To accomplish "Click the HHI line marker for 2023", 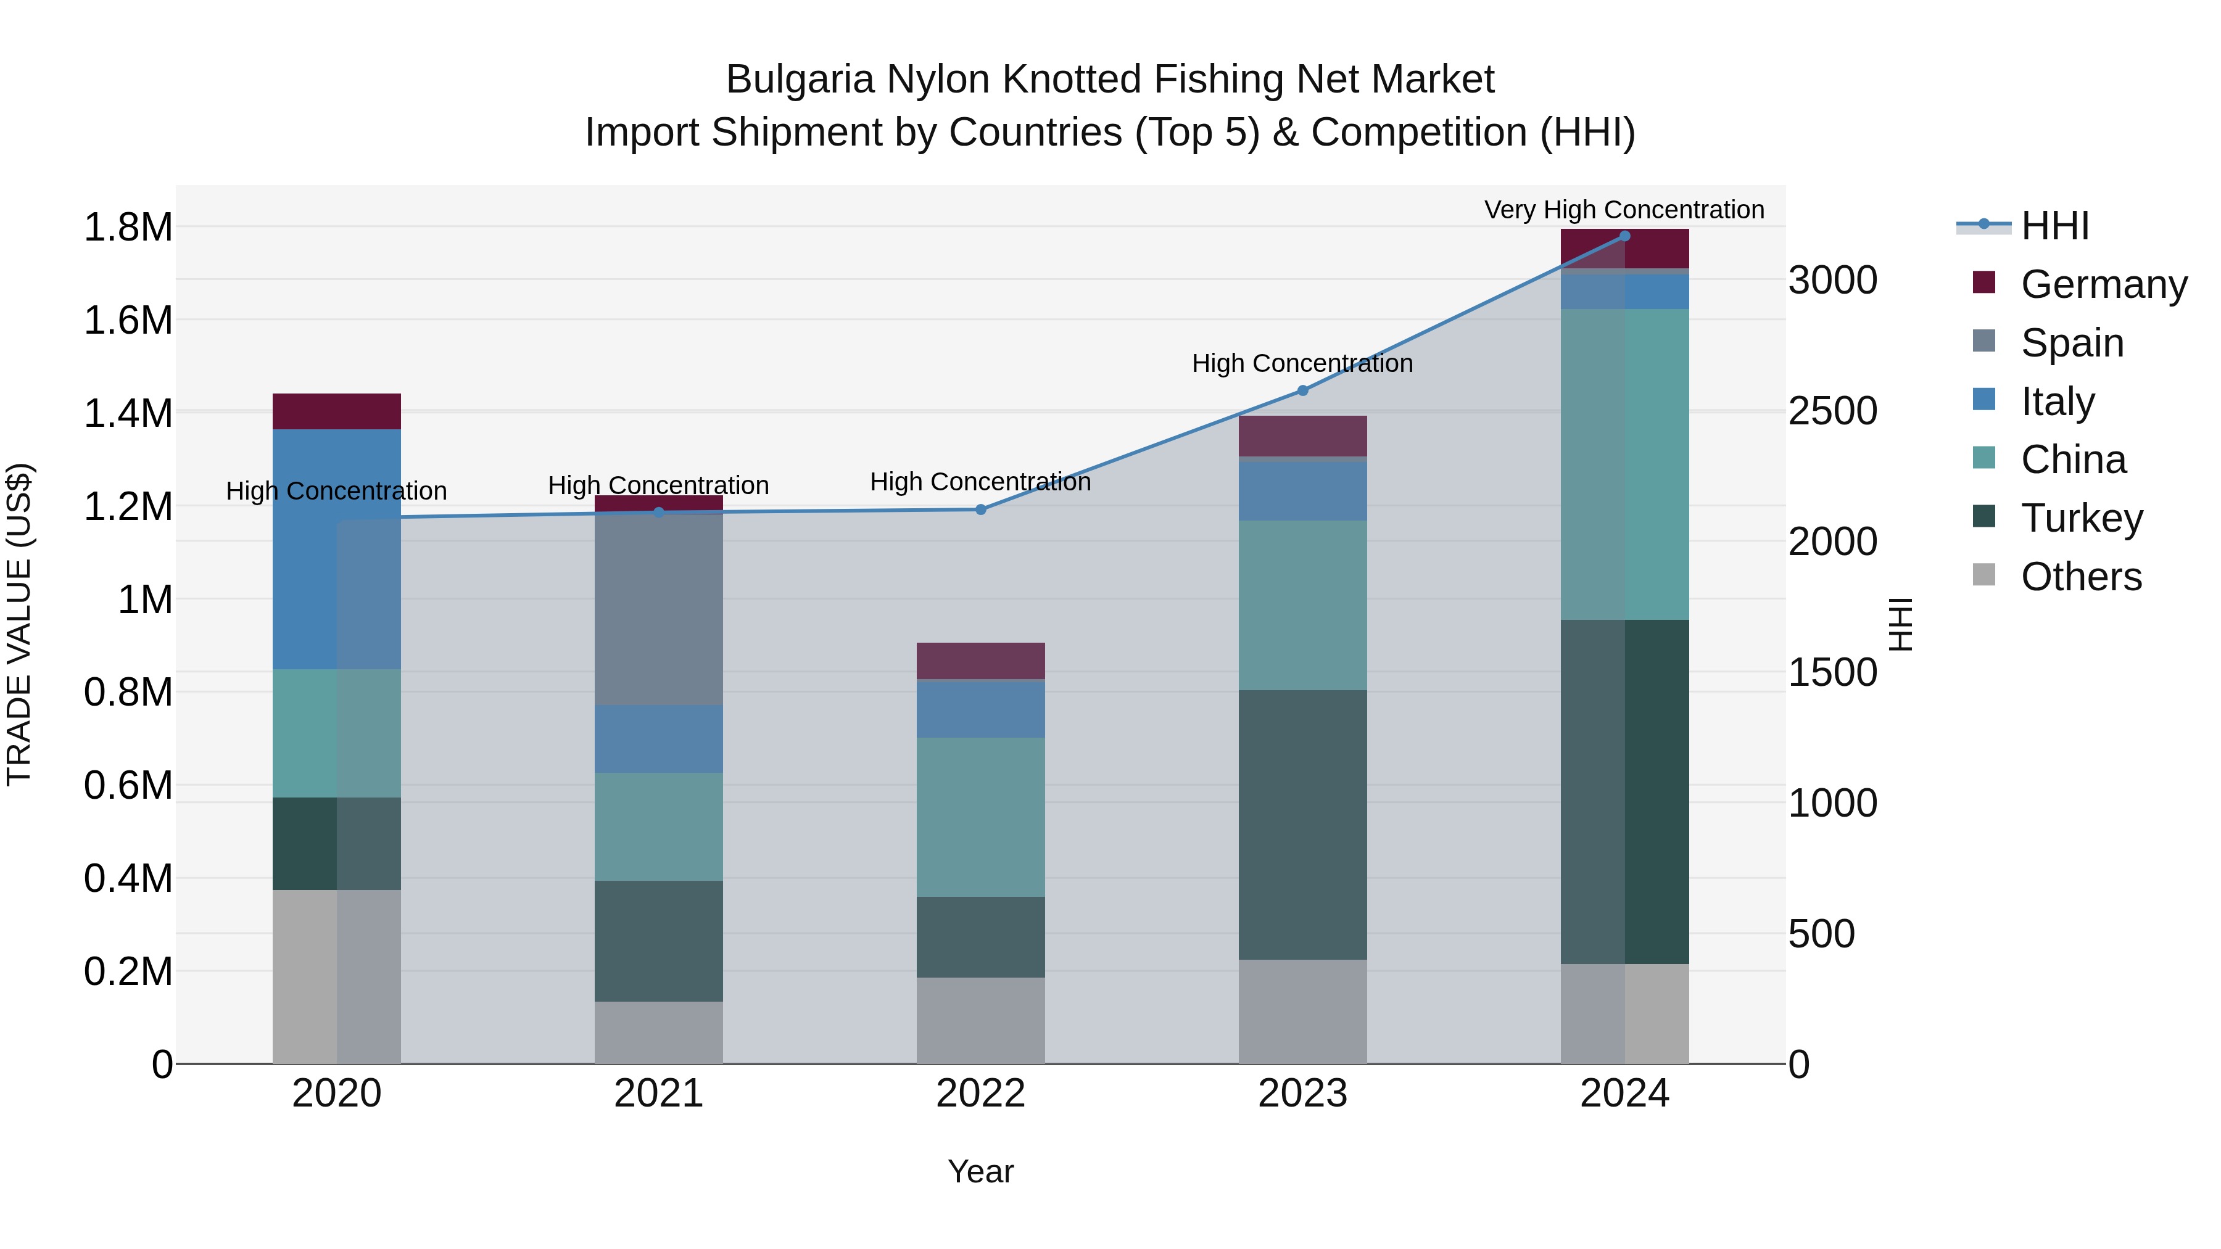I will [x=1303, y=390].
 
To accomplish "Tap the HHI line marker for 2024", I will [x=1624, y=236].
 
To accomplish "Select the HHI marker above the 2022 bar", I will [x=980, y=509].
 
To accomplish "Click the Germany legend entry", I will [x=2103, y=284].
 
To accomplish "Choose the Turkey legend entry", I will [x=2082, y=518].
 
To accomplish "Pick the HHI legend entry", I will [x=2054, y=226].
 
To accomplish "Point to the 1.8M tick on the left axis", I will [x=128, y=228].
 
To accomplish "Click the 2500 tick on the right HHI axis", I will [x=1832, y=411].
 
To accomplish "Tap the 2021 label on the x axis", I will [x=659, y=1093].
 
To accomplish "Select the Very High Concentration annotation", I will [x=1624, y=210].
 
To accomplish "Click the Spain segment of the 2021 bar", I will [x=659, y=608].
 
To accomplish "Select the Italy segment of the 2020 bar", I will [x=336, y=549].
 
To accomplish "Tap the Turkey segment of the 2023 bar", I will [x=1303, y=824].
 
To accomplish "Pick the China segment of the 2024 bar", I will [x=1624, y=464].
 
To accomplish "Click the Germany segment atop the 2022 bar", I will [x=980, y=660].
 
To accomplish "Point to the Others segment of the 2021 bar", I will [x=659, y=1032].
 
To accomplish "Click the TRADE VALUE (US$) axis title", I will [x=20, y=624].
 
